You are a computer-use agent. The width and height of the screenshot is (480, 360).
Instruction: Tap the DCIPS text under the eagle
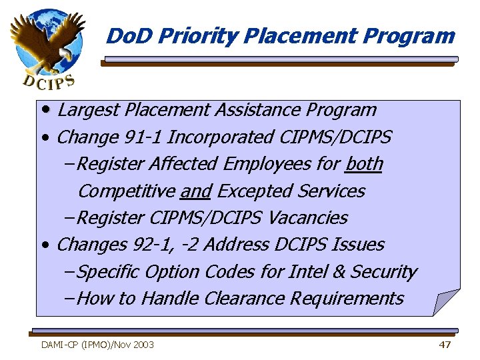point(49,81)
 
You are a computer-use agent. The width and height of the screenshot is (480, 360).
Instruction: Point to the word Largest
point(85,110)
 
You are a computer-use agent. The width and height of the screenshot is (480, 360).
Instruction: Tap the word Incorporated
point(219,137)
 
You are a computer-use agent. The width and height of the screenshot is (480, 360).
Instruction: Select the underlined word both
point(365,164)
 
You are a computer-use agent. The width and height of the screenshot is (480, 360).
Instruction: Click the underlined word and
point(195,191)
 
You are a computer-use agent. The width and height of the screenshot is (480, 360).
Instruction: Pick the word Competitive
point(126,191)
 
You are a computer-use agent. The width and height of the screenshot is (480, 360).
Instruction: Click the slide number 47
point(445,345)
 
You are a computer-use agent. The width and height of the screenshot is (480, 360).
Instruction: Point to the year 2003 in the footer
point(143,345)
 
